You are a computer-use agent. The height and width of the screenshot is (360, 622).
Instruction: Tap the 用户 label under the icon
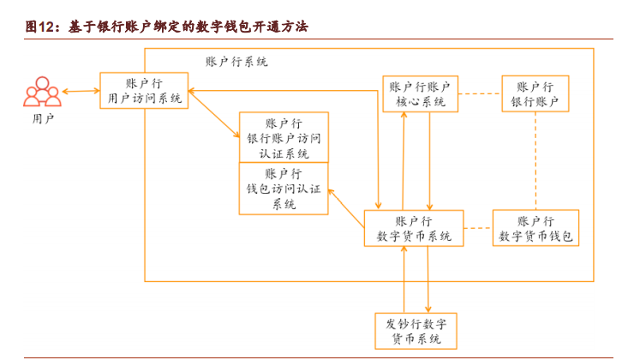[42, 119]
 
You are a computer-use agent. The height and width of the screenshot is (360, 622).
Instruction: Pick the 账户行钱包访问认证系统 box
[284, 188]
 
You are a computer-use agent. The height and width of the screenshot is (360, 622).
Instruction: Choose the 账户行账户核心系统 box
[420, 94]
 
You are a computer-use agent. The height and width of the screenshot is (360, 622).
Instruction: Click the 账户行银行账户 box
[535, 94]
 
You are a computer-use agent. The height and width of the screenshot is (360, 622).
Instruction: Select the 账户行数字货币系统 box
[414, 228]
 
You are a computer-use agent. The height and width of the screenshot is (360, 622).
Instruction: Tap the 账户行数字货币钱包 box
[535, 228]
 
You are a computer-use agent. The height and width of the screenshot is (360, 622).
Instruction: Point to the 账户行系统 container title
[236, 62]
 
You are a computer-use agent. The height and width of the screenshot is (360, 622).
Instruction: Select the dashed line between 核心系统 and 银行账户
[479, 94]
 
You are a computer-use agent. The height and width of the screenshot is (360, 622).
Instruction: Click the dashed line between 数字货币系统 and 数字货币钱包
[477, 228]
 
